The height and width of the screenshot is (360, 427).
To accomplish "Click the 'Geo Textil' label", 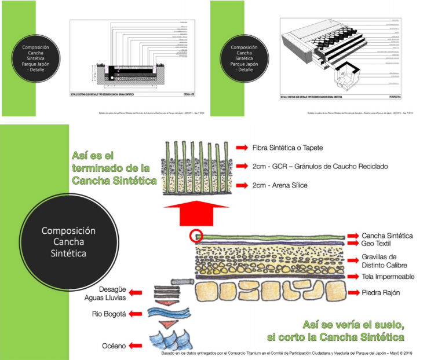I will [x=380, y=244].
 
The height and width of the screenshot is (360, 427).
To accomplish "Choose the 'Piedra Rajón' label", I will [x=381, y=293].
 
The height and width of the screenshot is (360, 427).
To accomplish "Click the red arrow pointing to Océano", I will [x=135, y=346].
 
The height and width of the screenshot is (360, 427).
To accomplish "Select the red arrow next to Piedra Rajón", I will [x=352, y=293].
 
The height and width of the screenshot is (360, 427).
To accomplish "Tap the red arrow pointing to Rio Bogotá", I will [x=135, y=314].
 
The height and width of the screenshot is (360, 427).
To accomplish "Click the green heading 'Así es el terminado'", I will [x=114, y=168].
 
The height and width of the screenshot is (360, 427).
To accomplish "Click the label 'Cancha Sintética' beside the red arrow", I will [x=387, y=236].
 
